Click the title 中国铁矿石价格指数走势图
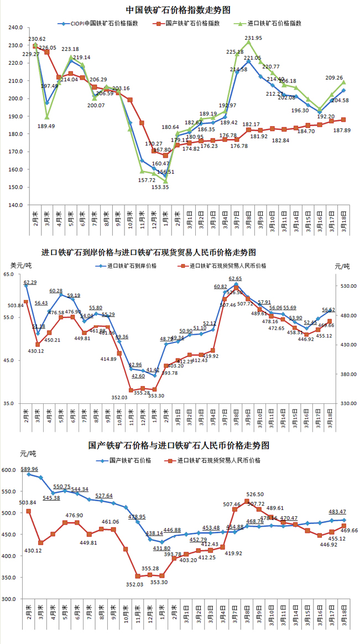pyautogui.click(x=178, y=10)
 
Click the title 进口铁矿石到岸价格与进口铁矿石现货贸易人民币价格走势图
pyautogui.click(x=149, y=252)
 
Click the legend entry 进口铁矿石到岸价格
pyautogui.click(x=132, y=266)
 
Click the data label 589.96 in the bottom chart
pyautogui.click(x=29, y=469)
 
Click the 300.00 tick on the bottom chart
pyautogui.click(x=11, y=599)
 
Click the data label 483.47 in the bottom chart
pyautogui.click(x=337, y=512)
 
